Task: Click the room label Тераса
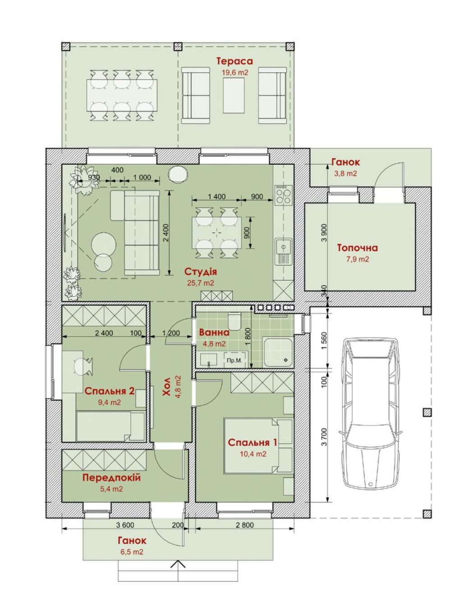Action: pos(235,61)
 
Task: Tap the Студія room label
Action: pos(200,271)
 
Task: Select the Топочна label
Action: pos(357,248)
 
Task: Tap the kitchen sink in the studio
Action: pos(284,251)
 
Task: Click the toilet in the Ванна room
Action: pos(235,321)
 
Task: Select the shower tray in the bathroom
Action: pos(278,352)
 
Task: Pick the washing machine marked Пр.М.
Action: pos(236,360)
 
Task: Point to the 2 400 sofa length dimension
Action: pos(169,232)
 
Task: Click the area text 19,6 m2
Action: pos(235,73)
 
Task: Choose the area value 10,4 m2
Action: pos(253,454)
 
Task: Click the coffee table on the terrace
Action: pos(234,95)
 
